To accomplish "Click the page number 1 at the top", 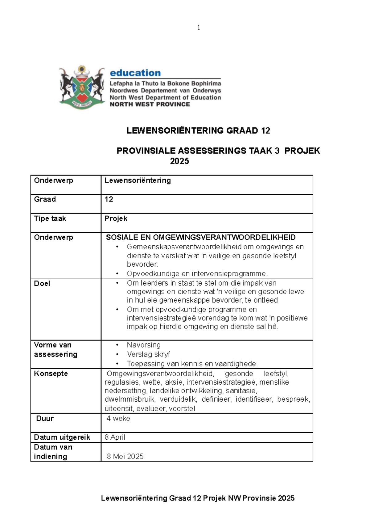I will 199,27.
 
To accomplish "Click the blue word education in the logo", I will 135,73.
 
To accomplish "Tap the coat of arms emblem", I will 82,87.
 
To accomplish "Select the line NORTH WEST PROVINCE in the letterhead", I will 150,104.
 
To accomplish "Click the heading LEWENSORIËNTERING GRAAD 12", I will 198,131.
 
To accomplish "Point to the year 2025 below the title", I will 179,161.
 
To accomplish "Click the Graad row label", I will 45,199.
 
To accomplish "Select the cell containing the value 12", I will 109,199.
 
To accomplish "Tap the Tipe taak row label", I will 50,218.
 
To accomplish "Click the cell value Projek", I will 116,218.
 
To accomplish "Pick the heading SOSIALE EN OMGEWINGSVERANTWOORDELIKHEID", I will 201,237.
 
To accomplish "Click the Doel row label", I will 42,283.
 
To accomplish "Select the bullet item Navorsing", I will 144,345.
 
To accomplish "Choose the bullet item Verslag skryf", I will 148,354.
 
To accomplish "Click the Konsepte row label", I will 51,374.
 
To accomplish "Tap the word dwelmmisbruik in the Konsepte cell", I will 129,399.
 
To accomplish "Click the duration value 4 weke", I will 118,418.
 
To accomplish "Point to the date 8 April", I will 115,437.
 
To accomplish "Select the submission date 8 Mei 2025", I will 125,456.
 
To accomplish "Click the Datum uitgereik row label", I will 62,437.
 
